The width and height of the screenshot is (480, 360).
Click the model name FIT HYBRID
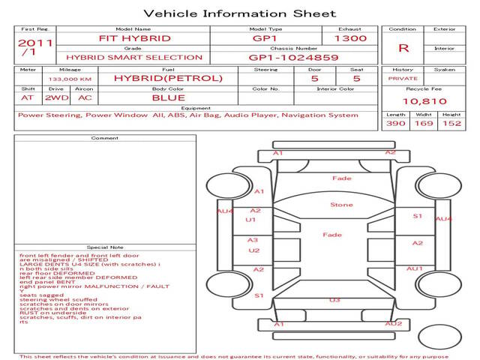[135, 38]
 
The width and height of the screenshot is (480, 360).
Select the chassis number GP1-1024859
[294, 57]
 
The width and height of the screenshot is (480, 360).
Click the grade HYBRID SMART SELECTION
[135, 57]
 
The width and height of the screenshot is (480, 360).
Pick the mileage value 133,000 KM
[70, 78]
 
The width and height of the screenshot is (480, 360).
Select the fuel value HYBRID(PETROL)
[168, 78]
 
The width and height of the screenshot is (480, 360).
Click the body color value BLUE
[168, 97]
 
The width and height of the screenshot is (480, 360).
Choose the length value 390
[395, 124]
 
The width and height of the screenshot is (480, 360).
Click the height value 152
[451, 124]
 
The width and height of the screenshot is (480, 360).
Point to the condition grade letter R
[403, 48]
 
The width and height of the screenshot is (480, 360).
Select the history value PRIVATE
[403, 78]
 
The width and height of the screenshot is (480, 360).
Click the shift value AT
[28, 97]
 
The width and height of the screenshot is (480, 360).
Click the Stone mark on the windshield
[341, 204]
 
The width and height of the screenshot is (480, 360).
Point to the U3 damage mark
[334, 300]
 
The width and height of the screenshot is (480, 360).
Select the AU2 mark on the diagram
[394, 324]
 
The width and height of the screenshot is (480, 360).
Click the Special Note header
[105, 247]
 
